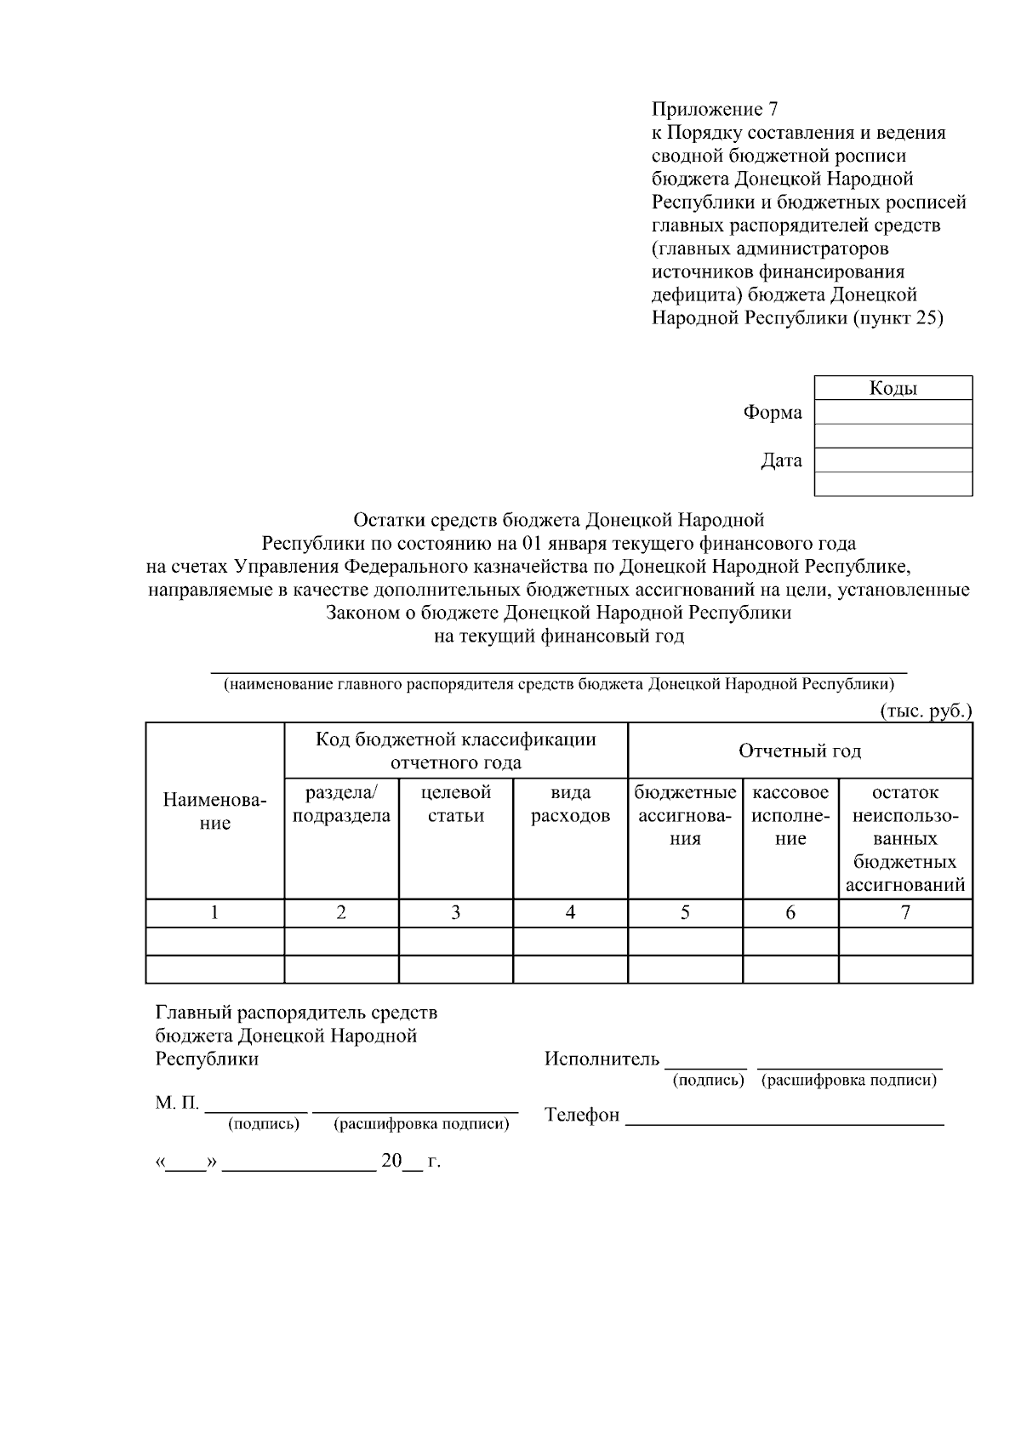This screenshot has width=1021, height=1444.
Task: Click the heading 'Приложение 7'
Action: [715, 110]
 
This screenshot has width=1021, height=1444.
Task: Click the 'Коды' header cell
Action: [893, 389]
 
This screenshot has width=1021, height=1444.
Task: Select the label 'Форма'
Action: [772, 413]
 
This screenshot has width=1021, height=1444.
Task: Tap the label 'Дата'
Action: [781, 461]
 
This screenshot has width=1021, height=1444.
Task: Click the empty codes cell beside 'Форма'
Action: [893, 413]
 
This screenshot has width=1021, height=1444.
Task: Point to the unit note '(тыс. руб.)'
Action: [926, 711]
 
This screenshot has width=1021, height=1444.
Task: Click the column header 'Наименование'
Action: [214, 812]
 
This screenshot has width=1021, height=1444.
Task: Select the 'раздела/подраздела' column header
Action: [341, 804]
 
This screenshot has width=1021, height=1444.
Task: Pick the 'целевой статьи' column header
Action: [456, 804]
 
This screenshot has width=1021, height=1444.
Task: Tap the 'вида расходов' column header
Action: [570, 804]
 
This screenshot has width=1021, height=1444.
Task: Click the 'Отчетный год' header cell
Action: [799, 751]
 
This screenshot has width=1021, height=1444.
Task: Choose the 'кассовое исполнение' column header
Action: [790, 816]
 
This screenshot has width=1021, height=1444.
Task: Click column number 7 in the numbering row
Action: [905, 913]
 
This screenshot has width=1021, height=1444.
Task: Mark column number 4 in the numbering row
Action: [570, 913]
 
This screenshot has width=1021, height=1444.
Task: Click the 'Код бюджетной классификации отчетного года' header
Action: [456, 751]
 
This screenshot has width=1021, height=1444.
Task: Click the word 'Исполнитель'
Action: [602, 1059]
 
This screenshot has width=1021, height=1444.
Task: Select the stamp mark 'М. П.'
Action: [177, 1104]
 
